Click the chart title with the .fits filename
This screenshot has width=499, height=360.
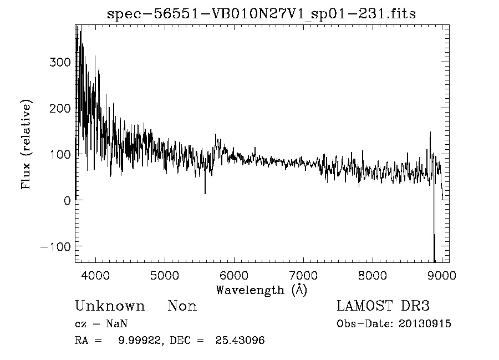[x=261, y=14]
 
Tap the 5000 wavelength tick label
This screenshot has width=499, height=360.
[x=165, y=275]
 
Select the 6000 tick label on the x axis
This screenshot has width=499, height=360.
[x=234, y=275]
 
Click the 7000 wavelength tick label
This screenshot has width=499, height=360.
[x=303, y=275]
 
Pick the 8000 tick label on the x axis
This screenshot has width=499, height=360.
[x=373, y=275]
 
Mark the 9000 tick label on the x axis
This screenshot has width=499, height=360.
[x=442, y=275]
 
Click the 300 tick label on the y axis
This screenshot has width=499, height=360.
[x=60, y=62]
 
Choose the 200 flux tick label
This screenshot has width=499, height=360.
[x=60, y=108]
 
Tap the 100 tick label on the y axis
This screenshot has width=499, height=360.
[x=60, y=154]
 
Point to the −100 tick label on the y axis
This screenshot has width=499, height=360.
[x=57, y=246]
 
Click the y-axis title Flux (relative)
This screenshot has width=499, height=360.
[x=27, y=144]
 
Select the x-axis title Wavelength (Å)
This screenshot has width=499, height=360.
[x=261, y=290]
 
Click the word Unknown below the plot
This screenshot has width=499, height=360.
[x=110, y=307]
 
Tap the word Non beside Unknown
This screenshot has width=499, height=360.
[x=182, y=307]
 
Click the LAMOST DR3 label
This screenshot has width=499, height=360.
[x=383, y=307]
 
